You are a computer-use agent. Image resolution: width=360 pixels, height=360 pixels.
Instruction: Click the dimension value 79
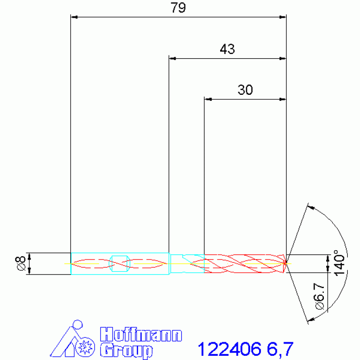(x=178, y=8)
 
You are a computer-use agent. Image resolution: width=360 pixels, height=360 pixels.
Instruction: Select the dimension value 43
(x=227, y=49)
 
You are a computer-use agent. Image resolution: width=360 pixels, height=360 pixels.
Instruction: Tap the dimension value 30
(x=245, y=90)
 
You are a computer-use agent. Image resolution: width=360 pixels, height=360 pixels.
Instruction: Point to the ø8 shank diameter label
(x=21, y=263)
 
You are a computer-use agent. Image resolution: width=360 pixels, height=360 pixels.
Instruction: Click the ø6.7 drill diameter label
(x=320, y=297)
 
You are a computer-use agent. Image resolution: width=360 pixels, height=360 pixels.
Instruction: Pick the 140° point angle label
(x=339, y=263)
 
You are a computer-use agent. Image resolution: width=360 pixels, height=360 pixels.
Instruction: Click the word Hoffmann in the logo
(x=141, y=335)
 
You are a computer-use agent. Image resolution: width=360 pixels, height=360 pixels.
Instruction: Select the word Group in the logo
(x=126, y=351)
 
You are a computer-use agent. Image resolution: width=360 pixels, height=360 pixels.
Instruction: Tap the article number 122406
(x=230, y=349)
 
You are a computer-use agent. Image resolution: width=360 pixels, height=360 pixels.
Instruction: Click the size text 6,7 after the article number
(x=280, y=349)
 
